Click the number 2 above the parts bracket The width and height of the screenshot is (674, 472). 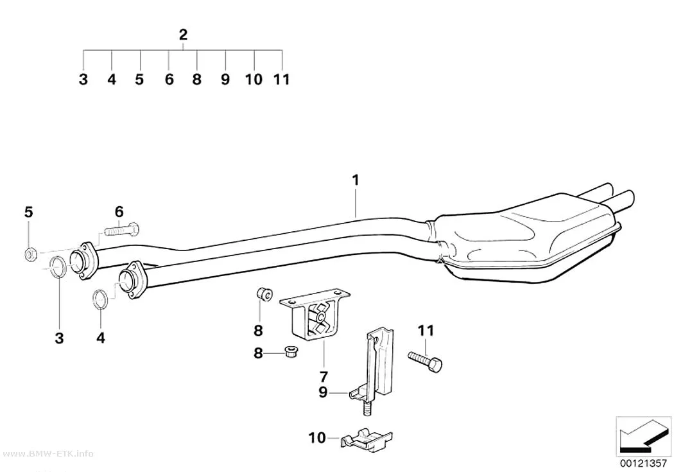tap(183, 35)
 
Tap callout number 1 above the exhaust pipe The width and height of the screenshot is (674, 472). tap(356, 180)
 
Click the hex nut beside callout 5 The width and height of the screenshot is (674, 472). tap(30, 254)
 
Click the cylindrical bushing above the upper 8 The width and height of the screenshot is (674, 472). tap(264, 295)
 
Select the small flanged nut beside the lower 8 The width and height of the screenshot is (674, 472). tap(292, 351)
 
